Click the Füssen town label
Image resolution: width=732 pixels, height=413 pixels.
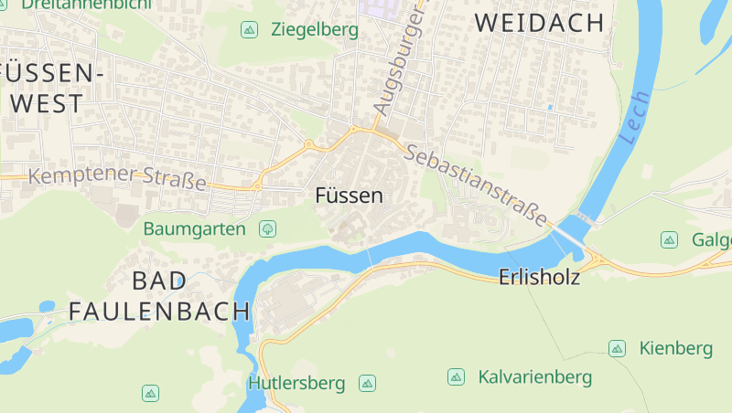tap(349, 196)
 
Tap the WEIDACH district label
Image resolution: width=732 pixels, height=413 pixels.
tap(541, 24)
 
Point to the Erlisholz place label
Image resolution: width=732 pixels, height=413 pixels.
tap(540, 277)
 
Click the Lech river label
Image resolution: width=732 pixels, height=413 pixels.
tap(633, 118)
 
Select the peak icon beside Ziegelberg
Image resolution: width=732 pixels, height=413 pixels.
tap(249, 30)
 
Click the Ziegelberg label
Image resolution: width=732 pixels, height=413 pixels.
tap(315, 30)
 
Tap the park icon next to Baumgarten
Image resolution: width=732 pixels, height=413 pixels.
tap(268, 228)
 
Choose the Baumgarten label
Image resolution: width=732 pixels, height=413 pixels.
tap(195, 228)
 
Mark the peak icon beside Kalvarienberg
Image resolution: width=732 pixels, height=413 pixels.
tap(456, 376)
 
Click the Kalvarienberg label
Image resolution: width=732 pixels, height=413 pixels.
tap(535, 376)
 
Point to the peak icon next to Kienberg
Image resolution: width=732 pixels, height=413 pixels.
tap(618, 348)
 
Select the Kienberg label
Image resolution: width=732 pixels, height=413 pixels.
tap(675, 348)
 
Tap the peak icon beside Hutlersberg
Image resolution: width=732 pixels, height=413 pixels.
tap(368, 383)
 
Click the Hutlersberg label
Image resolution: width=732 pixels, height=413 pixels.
tap(296, 383)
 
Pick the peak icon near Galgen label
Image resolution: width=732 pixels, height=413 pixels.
tap(669, 239)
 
